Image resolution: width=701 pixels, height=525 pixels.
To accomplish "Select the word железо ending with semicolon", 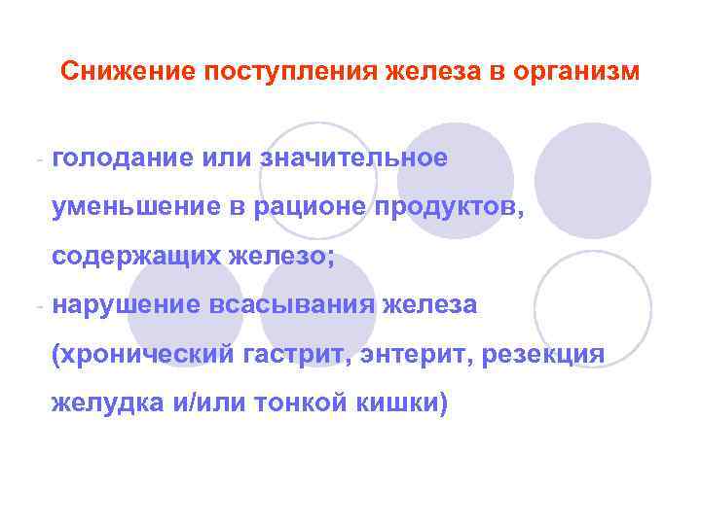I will click(x=277, y=257).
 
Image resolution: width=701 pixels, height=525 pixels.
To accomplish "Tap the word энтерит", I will click(x=415, y=355).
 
